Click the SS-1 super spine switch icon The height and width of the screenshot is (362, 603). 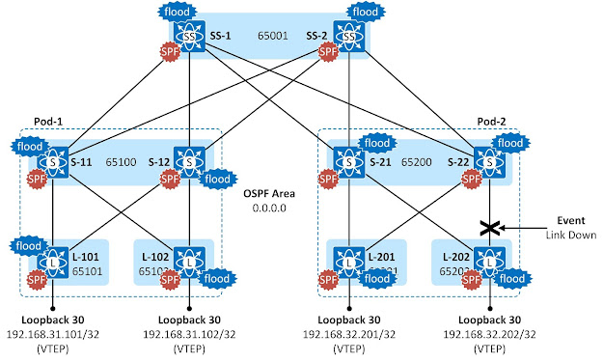tap(191, 37)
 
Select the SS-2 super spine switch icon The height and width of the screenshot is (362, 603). tap(348, 37)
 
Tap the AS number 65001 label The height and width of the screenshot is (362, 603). tap(268, 36)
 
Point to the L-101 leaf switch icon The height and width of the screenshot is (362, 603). tap(50, 259)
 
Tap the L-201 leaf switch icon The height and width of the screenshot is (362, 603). tap(348, 259)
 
